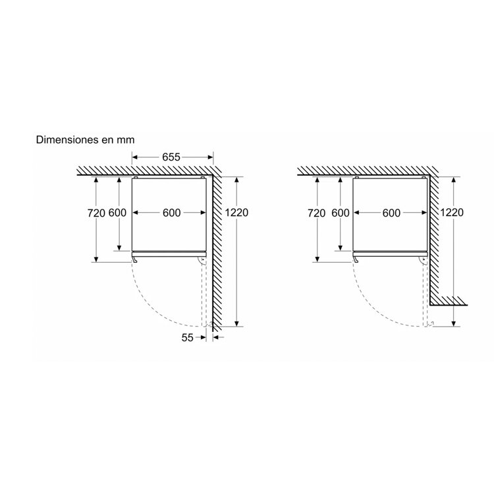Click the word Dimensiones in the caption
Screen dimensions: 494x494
(x=67, y=140)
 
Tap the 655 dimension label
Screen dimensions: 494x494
(x=171, y=157)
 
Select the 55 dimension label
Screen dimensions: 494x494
(x=187, y=338)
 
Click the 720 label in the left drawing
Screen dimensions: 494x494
(x=96, y=213)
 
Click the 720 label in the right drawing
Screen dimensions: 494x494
(x=317, y=213)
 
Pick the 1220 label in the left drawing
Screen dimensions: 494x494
(x=236, y=213)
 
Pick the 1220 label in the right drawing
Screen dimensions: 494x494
(x=452, y=213)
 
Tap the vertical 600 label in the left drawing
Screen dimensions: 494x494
(x=117, y=213)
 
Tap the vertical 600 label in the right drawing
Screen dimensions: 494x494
(x=341, y=213)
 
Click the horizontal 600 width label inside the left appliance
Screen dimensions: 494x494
(x=172, y=213)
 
